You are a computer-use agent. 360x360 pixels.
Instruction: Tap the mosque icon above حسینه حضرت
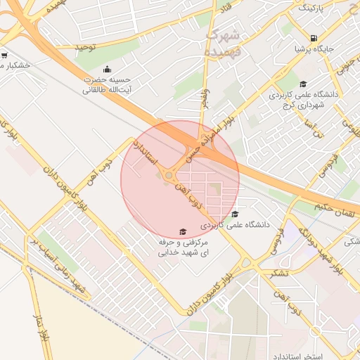(106, 69)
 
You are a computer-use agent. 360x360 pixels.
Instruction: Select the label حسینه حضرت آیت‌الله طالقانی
(106, 84)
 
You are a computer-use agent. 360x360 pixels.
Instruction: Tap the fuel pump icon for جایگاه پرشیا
(313, 38)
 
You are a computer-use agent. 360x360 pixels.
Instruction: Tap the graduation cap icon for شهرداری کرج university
(303, 84)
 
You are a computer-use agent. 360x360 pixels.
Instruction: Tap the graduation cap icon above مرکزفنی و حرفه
(182, 231)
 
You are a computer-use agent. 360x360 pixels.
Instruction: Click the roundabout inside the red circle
(169, 176)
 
